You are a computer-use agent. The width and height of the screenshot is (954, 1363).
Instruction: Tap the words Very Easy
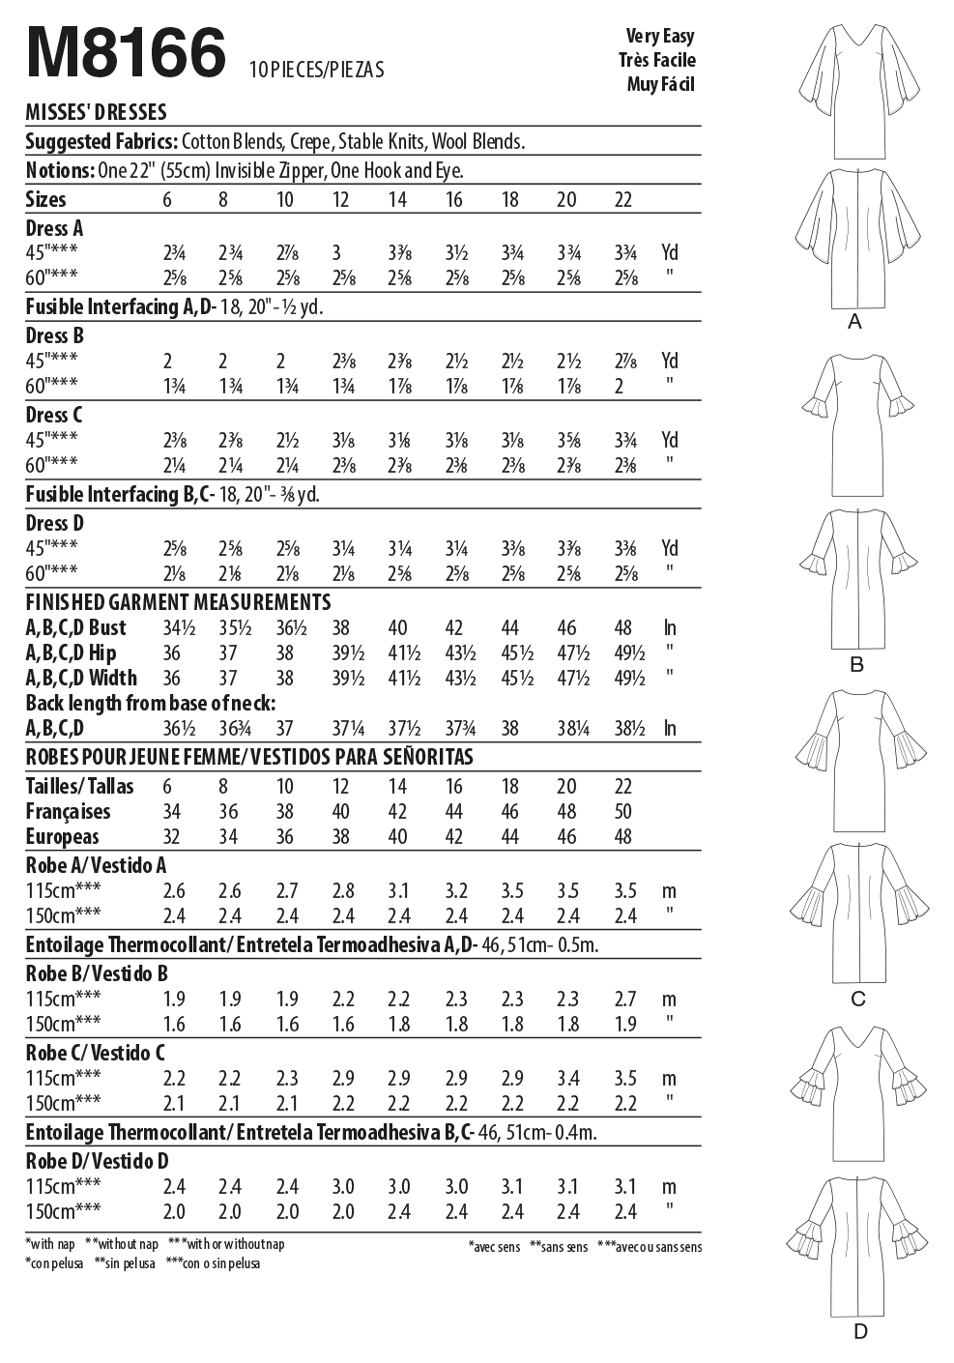click(x=659, y=36)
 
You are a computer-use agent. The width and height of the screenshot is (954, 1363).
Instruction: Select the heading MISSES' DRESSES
click(x=96, y=112)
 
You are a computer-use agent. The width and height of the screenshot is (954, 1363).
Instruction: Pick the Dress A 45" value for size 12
click(x=336, y=253)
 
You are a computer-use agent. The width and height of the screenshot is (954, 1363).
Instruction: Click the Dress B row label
click(x=55, y=335)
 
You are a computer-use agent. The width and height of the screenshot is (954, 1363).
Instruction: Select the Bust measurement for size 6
click(x=175, y=627)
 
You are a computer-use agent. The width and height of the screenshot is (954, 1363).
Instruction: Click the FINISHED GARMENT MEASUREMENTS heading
click(x=178, y=601)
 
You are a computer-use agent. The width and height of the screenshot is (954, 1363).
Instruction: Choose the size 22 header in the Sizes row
click(x=623, y=199)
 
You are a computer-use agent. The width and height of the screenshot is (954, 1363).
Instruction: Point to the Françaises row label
click(x=68, y=811)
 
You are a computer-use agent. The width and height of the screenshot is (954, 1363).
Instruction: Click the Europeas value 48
click(x=623, y=836)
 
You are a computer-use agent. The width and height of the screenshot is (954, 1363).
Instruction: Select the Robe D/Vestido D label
click(x=97, y=1161)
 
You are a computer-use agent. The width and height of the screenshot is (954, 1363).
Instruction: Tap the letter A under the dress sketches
click(x=854, y=322)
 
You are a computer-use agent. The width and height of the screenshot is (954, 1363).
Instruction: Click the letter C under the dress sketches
click(x=857, y=1000)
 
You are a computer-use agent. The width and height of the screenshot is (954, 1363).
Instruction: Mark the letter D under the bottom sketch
click(x=860, y=1332)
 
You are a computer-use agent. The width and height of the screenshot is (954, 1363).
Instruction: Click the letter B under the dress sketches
click(x=856, y=665)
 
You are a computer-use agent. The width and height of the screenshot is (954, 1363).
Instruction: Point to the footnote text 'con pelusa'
click(x=54, y=1263)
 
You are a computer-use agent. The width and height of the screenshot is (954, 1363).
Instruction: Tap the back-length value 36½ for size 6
click(x=175, y=728)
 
